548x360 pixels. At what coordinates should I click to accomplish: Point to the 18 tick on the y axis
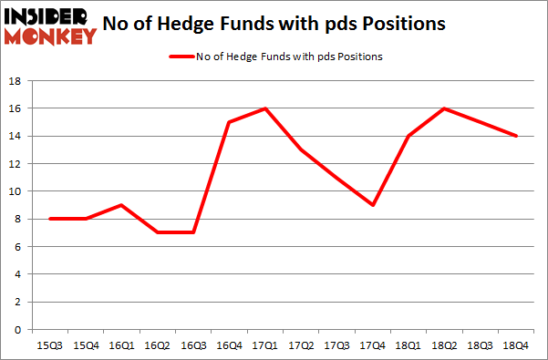pos(16,80)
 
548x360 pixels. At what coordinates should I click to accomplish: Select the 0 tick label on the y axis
pos(19,329)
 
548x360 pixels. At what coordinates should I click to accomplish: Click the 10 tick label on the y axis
pos(16,191)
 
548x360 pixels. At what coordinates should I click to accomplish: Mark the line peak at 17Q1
pos(265,108)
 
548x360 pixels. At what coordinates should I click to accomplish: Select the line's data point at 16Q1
pos(122,205)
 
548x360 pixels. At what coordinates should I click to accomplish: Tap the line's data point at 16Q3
pos(193,232)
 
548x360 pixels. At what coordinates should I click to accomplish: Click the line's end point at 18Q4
pos(517,136)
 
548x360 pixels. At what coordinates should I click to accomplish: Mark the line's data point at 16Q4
pos(229,122)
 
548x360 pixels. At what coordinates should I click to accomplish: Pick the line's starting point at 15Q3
pos(51,219)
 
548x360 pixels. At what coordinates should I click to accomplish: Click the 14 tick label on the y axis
pos(16,136)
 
